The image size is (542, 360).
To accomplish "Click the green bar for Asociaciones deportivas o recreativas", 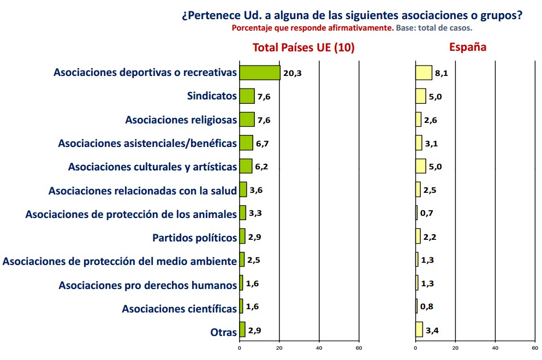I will pyautogui.click(x=260, y=73).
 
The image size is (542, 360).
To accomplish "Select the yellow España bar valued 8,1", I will pyautogui.click(x=424, y=73).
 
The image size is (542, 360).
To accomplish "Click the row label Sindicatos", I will pyautogui.click(x=212, y=96).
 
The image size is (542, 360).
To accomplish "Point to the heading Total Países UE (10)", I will pyautogui.click(x=303, y=48).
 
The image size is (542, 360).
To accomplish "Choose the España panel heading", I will pyautogui.click(x=468, y=48).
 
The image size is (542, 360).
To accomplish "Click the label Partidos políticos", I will pyautogui.click(x=194, y=238).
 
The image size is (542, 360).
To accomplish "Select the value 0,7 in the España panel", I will pyautogui.click(x=426, y=214).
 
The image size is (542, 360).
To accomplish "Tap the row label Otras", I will pyautogui.click(x=224, y=332).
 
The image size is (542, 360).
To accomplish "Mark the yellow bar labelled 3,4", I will pyautogui.click(x=419, y=329).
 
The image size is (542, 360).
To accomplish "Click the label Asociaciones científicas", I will pyautogui.click(x=180, y=309).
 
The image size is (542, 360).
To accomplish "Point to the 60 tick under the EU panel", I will pyautogui.click(x=359, y=347).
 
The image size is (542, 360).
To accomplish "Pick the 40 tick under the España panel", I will pyautogui.click(x=495, y=347).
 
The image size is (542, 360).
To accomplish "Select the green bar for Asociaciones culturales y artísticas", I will pyautogui.click(x=246, y=166).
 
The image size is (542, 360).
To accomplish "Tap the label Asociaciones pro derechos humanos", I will pyautogui.click(x=148, y=285).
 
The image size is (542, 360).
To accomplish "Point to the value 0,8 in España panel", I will pyautogui.click(x=426, y=307).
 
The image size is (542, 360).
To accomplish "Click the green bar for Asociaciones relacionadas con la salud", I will pyautogui.click(x=243, y=190).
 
